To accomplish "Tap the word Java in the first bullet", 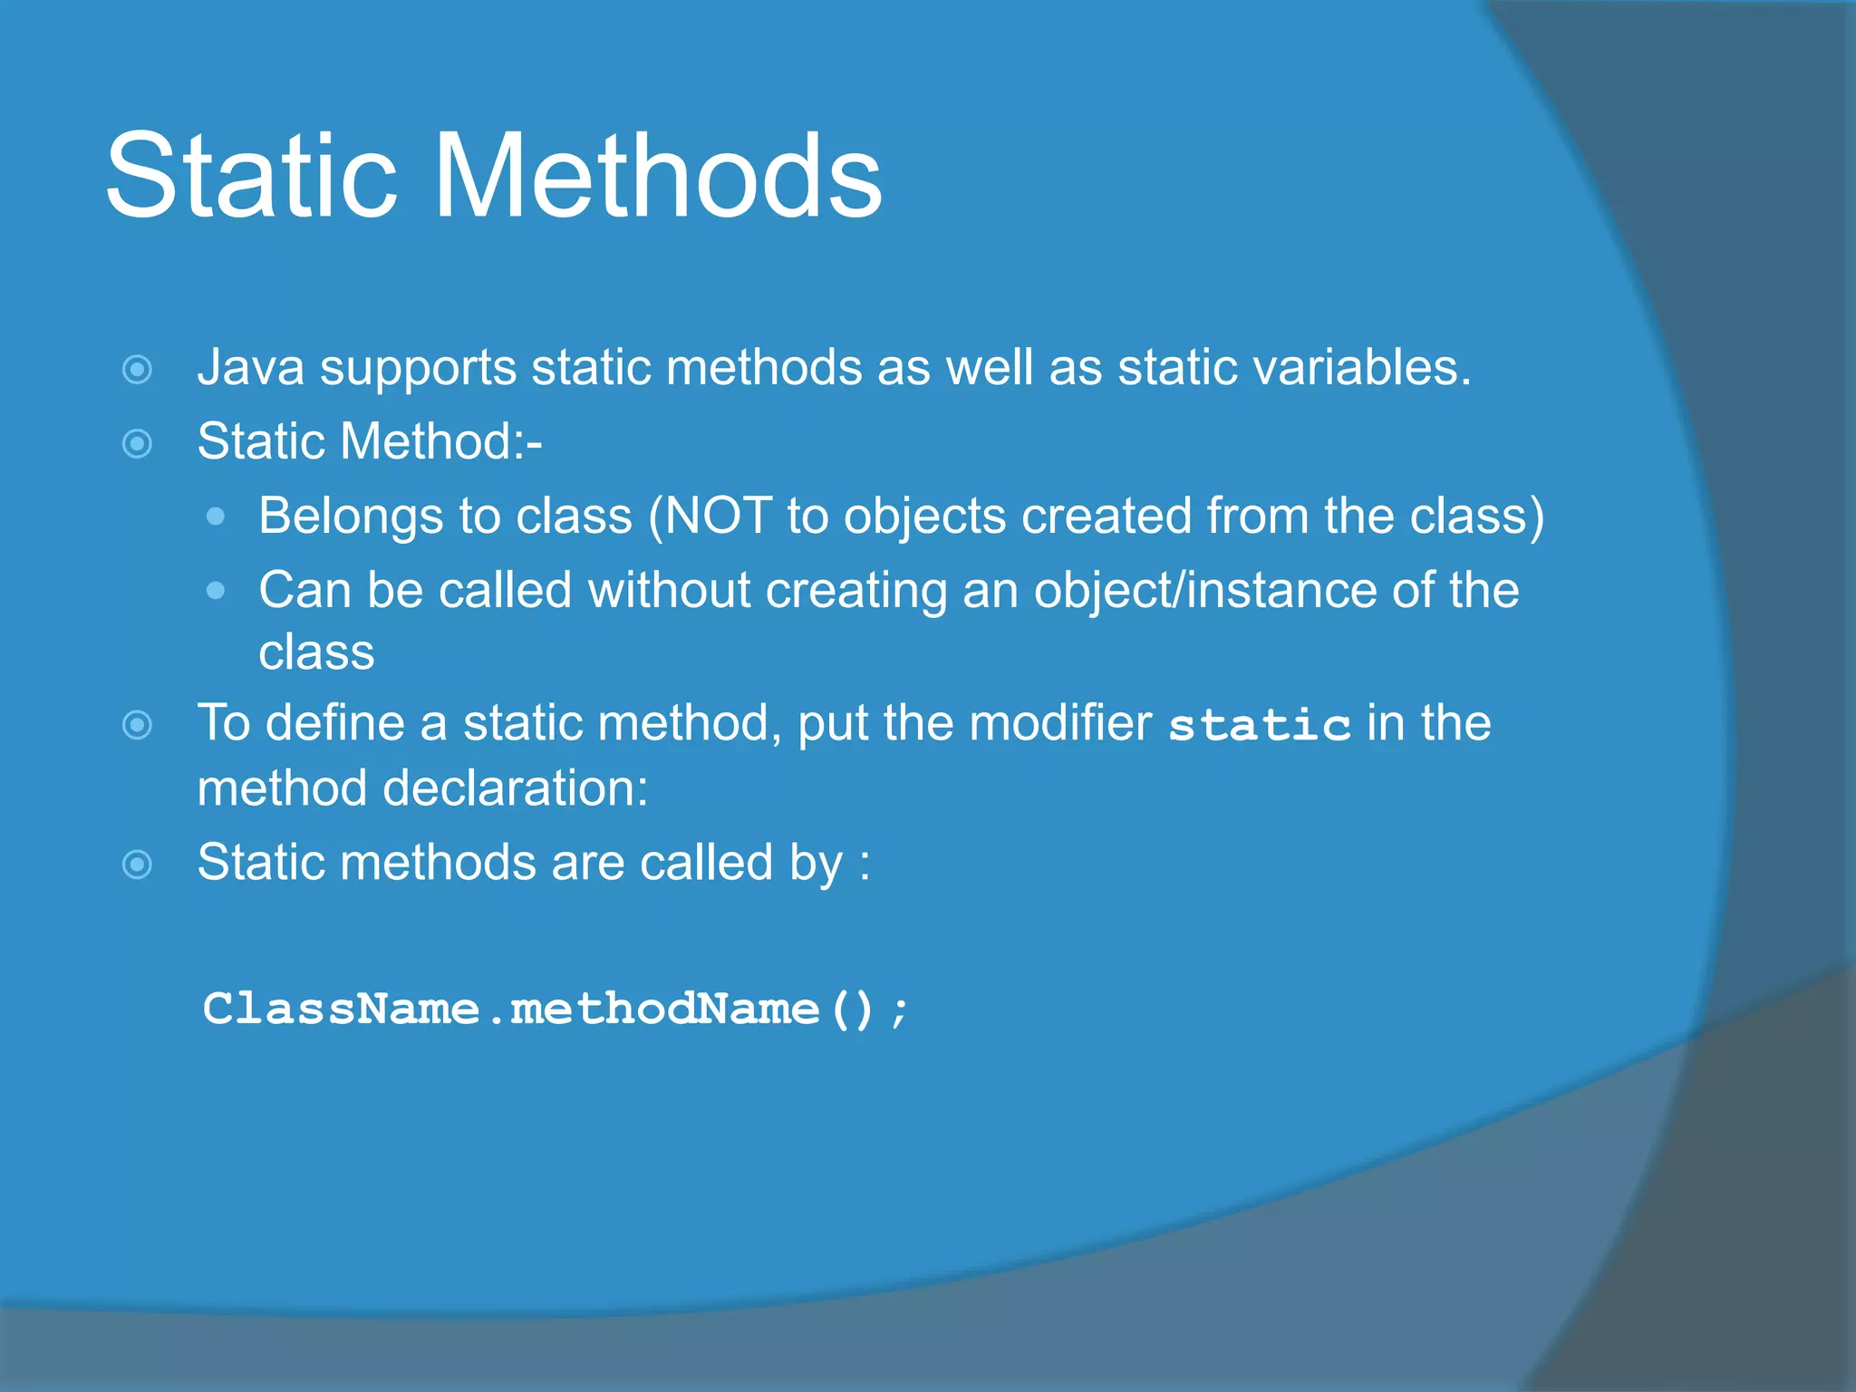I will [x=250, y=368].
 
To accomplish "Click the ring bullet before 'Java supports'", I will [x=137, y=370].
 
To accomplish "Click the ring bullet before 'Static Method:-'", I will [x=137, y=444].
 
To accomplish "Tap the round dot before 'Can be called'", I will [x=215, y=591].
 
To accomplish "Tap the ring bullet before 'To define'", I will [x=137, y=725].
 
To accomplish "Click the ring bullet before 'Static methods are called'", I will [x=137, y=865].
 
